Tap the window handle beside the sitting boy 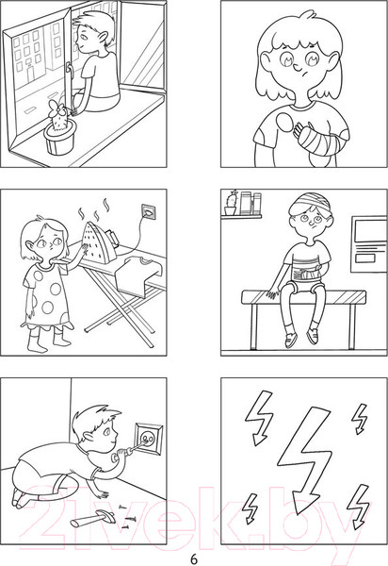[x=69, y=73]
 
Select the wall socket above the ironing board [x=149, y=212]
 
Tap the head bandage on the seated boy [x=312, y=204]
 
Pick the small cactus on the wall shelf [x=232, y=203]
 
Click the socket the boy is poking [x=149, y=439]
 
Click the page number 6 [x=194, y=558]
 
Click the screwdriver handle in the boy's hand [x=121, y=454]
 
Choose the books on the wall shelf [x=251, y=203]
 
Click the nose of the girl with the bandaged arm [x=296, y=67]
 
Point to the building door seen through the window [x=31, y=73]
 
